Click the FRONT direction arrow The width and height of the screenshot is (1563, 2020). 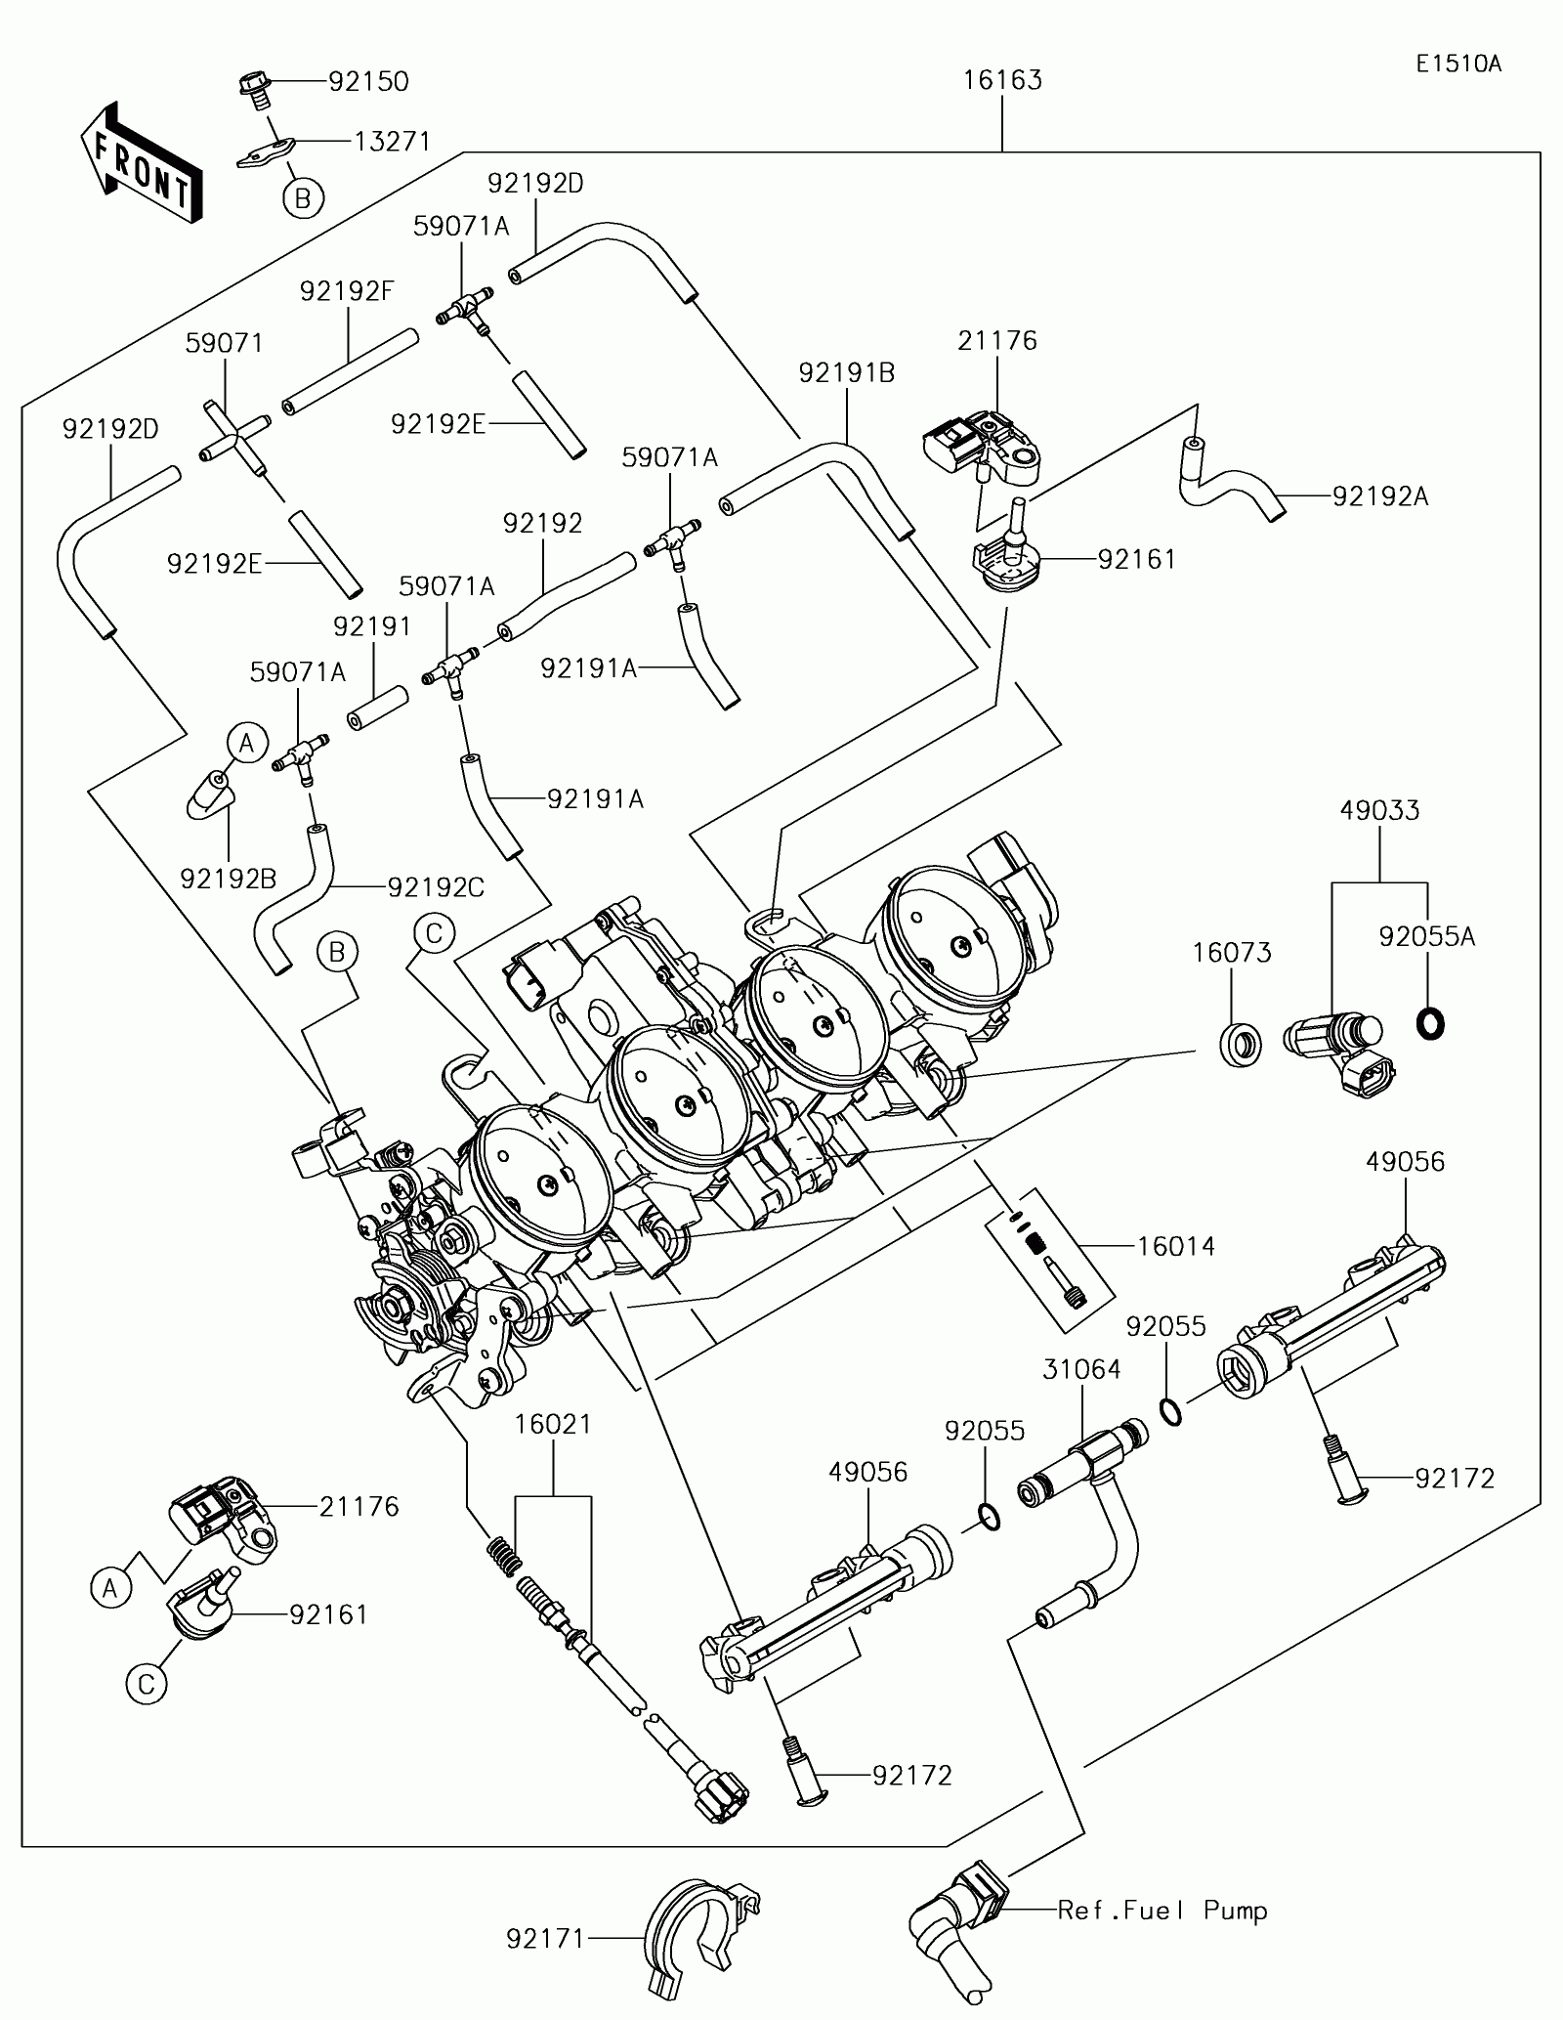tap(143, 160)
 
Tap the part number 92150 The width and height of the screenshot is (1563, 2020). tap(368, 81)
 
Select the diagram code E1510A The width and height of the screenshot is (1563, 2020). tap(1459, 64)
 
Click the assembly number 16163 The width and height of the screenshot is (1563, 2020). tap(1002, 79)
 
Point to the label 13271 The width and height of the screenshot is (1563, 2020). tap(392, 142)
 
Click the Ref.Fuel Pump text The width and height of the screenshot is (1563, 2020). tap(1162, 1910)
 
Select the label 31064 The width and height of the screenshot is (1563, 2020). tap(1081, 1370)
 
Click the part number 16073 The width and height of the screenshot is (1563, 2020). tap(1232, 953)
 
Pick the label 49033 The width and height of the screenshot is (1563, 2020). tap(1379, 810)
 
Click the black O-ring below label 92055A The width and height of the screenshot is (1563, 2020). tap(1431, 1023)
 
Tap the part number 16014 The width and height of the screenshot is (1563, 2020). tap(1175, 1246)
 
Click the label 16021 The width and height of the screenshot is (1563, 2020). tap(553, 1424)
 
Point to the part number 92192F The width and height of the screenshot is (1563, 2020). tap(347, 291)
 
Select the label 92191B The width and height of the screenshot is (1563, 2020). tap(847, 372)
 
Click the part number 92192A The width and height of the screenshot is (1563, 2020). tap(1380, 497)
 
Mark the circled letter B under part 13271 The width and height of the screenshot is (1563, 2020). tap(303, 198)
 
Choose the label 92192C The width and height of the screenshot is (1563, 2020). tap(436, 886)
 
